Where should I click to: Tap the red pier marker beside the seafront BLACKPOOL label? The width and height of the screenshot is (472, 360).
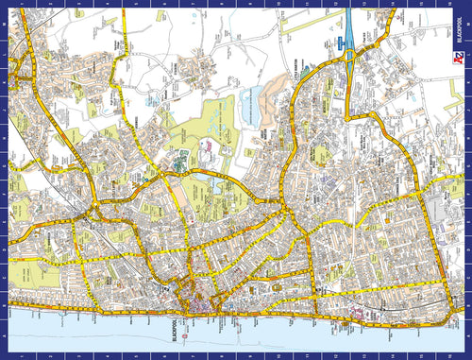pos(187,334)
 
